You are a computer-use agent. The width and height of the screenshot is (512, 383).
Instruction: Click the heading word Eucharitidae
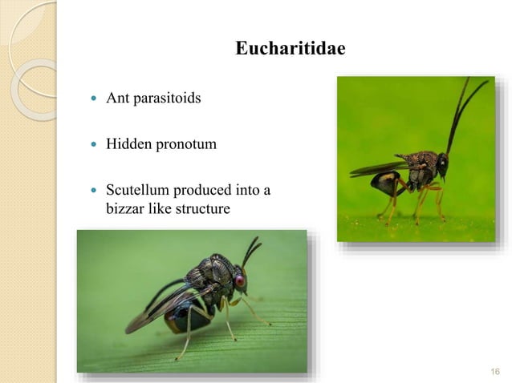pyautogui.click(x=291, y=50)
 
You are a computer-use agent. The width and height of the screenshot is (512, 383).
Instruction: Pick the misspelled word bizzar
pyautogui.click(x=124, y=209)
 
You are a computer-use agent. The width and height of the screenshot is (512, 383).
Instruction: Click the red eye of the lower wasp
pyautogui.click(x=239, y=281)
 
